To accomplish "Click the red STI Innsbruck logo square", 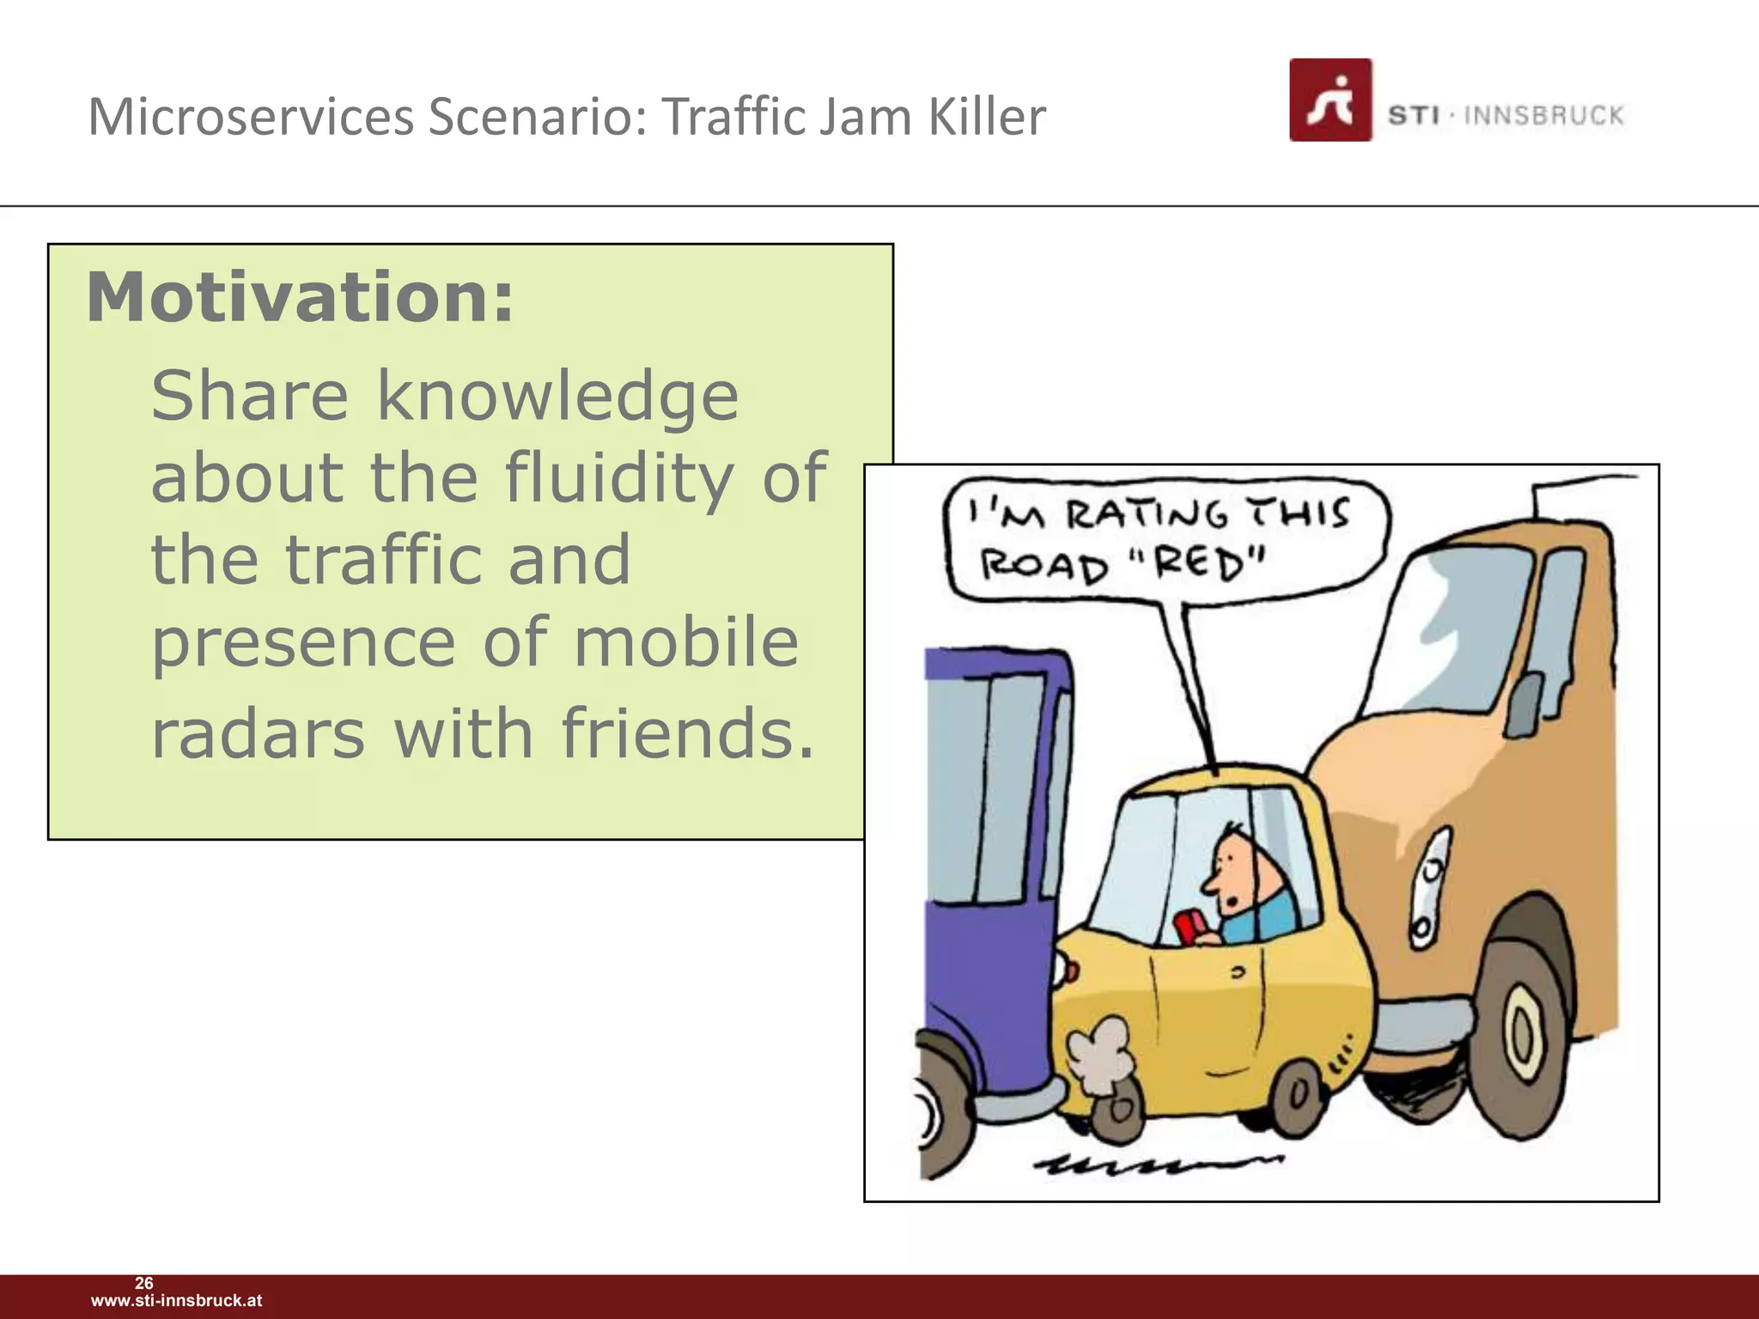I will (x=1330, y=100).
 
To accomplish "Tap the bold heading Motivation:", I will (x=300, y=297).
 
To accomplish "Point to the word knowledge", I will (x=557, y=397).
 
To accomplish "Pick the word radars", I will (x=258, y=733).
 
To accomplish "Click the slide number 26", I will (x=144, y=1283).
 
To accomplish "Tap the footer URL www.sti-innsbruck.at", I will (x=176, y=1301).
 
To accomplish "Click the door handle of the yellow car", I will (x=1238, y=974).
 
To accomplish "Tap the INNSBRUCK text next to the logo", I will (x=1543, y=116).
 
